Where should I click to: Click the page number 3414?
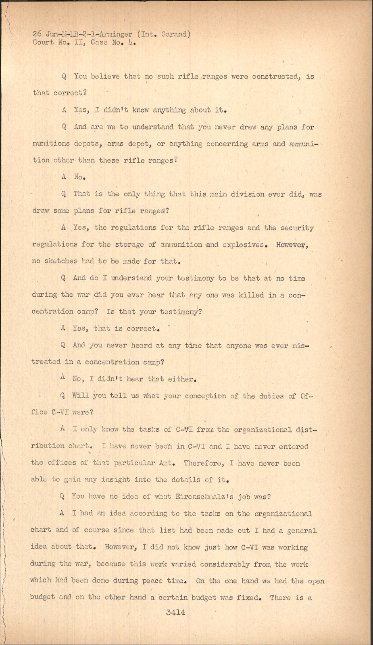coord(175,612)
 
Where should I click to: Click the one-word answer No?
coord(79,177)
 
